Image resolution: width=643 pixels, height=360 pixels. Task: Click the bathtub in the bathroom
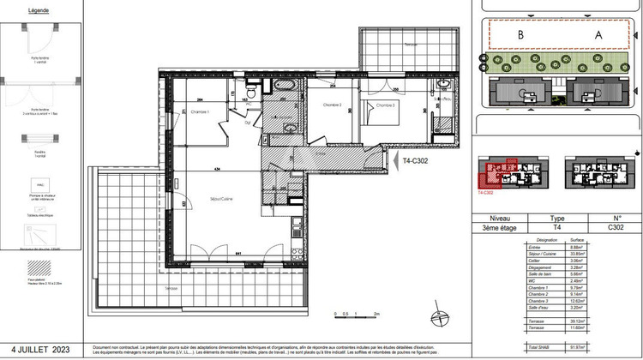click(x=284, y=87)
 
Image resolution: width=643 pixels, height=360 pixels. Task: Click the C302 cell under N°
click(x=616, y=228)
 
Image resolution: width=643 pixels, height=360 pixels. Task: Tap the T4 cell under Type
click(x=556, y=228)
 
